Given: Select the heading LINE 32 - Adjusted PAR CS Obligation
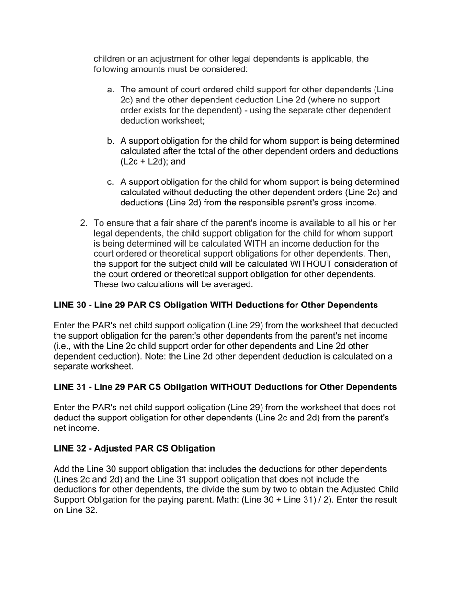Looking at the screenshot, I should [134, 449].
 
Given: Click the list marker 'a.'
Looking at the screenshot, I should [111, 90].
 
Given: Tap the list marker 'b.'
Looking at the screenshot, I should [111, 141].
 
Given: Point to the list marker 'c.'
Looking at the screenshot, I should [111, 182].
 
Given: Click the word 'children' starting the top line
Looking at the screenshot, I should [108, 59].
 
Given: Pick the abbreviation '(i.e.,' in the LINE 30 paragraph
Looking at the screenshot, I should [64, 346].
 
